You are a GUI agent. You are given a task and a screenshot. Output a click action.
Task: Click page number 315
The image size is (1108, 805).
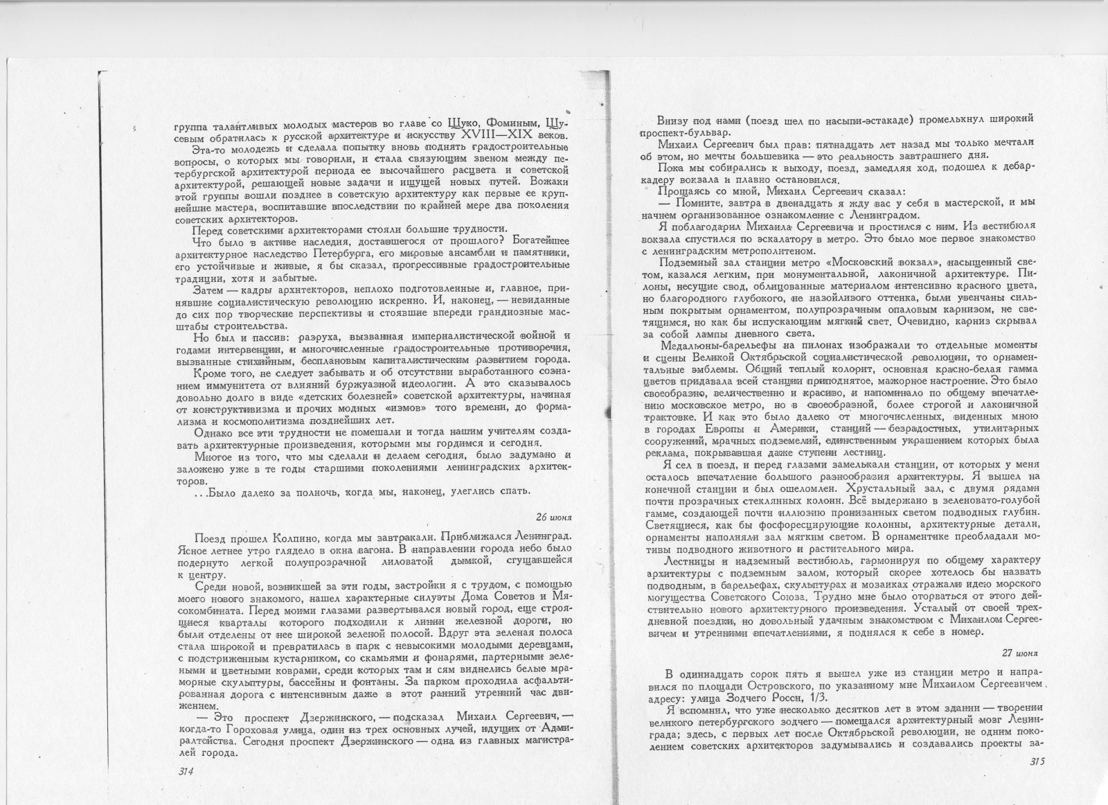pos(1037,762)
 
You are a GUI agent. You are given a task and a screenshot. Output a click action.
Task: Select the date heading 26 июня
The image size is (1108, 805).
pos(554,517)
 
